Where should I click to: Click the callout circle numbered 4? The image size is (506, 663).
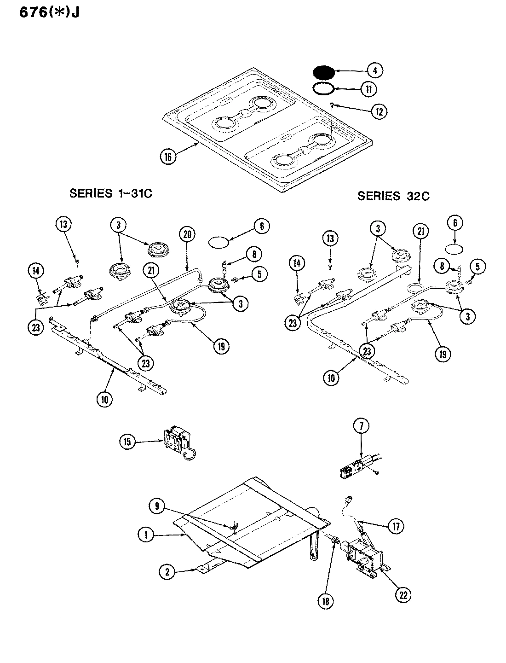click(x=375, y=70)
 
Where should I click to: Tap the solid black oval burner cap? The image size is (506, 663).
click(x=323, y=73)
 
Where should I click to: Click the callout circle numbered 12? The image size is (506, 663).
click(x=379, y=111)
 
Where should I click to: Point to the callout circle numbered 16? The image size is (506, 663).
click(x=168, y=157)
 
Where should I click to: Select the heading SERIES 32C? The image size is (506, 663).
click(x=393, y=196)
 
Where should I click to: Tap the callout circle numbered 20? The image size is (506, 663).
click(x=187, y=234)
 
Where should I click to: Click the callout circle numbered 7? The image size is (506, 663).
click(x=361, y=427)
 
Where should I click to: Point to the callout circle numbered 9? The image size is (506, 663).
click(x=157, y=506)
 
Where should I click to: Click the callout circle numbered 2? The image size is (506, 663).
click(x=167, y=572)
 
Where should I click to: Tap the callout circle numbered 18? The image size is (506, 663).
click(x=329, y=600)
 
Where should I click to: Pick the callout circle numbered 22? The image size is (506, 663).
click(x=403, y=594)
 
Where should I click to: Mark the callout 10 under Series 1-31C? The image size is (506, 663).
click(x=105, y=399)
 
